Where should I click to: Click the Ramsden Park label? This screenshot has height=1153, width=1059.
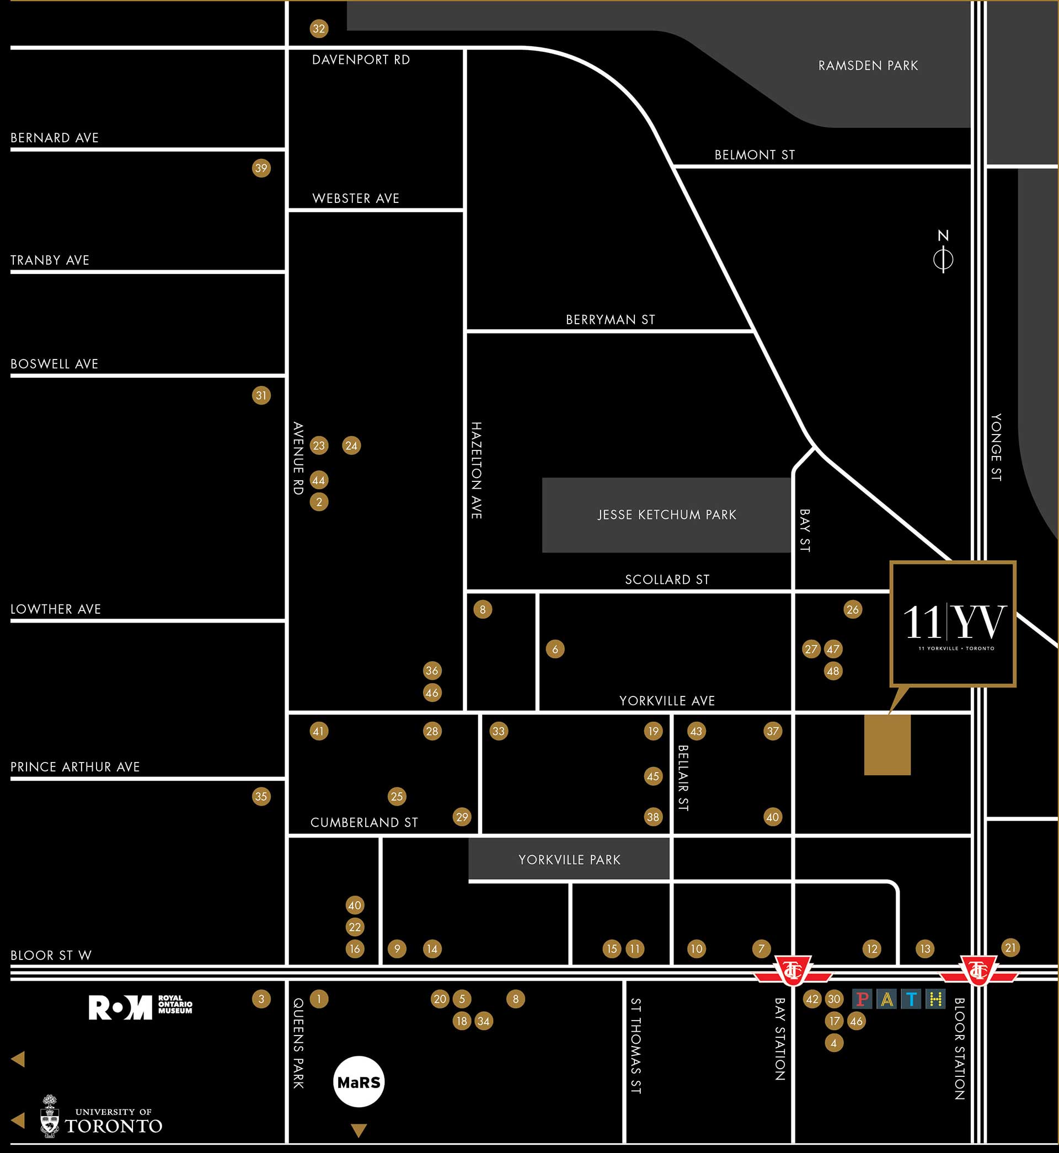868,66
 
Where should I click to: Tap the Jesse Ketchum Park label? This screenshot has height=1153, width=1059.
666,515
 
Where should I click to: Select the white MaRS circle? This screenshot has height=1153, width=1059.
359,1082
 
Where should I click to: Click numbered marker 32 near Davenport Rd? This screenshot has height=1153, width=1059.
319,29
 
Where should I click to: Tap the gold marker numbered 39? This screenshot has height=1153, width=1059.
261,168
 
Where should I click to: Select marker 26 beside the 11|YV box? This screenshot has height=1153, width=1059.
853,609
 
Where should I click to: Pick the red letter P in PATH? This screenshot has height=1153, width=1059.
862,1000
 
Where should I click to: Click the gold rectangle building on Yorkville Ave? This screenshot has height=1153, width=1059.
887,744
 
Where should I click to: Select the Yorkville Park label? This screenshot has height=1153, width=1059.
569,860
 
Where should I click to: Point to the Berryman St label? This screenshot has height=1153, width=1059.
610,320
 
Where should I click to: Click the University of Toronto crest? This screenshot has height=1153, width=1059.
50,1117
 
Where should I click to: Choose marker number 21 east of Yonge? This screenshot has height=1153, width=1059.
1010,948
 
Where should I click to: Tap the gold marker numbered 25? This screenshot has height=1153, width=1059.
397,796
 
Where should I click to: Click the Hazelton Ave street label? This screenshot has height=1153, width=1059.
476,470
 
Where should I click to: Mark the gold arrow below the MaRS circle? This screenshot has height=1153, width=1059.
359,1129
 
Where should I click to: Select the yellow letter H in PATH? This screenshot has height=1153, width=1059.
936,1000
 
